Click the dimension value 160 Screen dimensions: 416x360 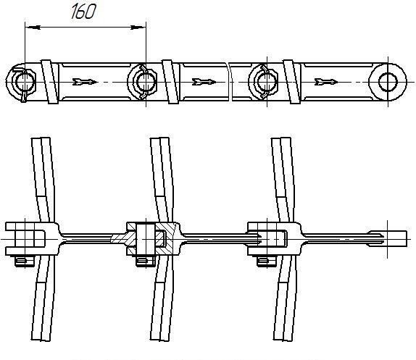(x=83, y=12)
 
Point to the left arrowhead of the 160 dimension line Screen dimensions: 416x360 (x=33, y=28)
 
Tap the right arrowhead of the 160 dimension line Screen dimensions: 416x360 (x=138, y=28)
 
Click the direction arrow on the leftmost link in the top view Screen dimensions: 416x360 (x=84, y=82)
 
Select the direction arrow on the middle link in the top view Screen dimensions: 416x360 (x=204, y=82)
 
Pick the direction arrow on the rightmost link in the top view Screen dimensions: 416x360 (x=326, y=82)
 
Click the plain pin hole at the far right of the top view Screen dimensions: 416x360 (x=388, y=82)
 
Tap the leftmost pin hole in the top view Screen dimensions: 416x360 (x=25, y=82)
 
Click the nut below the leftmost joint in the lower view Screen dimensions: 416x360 (x=25, y=261)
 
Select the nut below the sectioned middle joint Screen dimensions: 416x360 (x=146, y=261)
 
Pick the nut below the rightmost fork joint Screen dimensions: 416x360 (x=267, y=261)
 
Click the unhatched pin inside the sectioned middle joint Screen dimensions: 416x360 (x=146, y=240)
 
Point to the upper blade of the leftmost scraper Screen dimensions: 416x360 (x=43, y=180)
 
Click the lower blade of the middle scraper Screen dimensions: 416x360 (x=162, y=298)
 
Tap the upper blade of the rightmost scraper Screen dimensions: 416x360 (x=283, y=180)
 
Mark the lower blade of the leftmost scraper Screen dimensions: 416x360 (x=43, y=298)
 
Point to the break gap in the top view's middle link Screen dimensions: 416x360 (x=230, y=82)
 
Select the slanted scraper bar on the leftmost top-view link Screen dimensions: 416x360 (x=50, y=82)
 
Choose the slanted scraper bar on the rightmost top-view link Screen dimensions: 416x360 (x=292, y=82)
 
